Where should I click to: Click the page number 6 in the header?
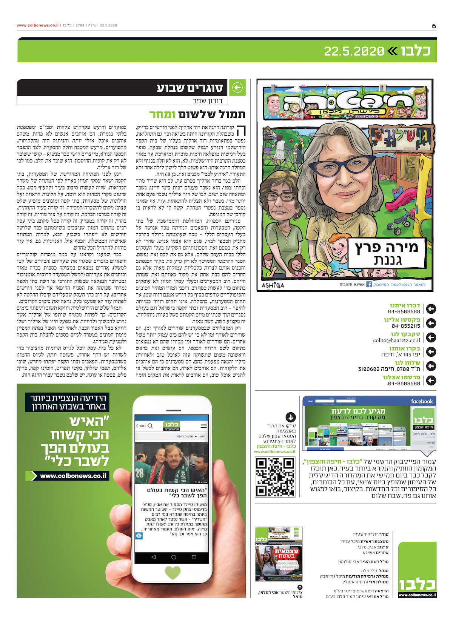(x=434, y=26)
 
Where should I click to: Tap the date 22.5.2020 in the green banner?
(x=354, y=51)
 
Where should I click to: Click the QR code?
(x=275, y=476)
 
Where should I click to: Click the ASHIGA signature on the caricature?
(x=273, y=285)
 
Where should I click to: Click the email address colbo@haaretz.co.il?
(x=396, y=341)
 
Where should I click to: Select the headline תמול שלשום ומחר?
(x=197, y=114)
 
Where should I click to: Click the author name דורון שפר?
(x=210, y=101)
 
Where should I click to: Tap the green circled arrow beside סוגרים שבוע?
(x=237, y=88)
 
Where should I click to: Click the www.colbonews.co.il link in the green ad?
(x=73, y=476)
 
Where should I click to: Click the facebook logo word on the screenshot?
(x=422, y=401)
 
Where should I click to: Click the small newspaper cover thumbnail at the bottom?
(x=279, y=554)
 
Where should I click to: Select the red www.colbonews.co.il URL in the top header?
(x=37, y=25)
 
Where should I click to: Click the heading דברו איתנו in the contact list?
(x=405, y=305)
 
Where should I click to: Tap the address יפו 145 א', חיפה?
(x=401, y=355)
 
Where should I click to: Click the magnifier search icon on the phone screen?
(x=150, y=426)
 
